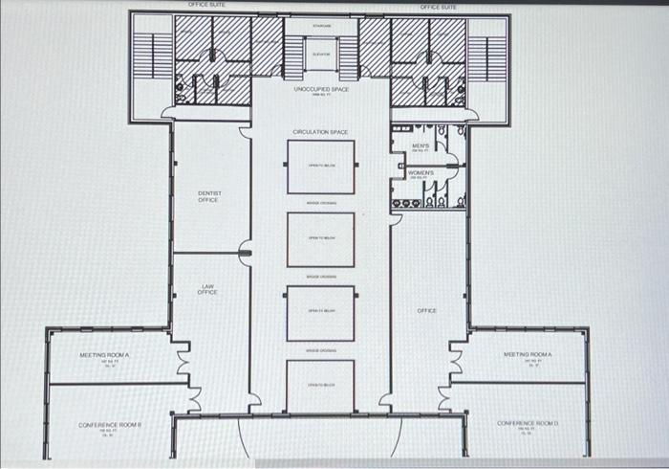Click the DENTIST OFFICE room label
point(208,196)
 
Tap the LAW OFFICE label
point(207,289)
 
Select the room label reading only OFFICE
point(427,310)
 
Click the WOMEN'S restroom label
point(421,173)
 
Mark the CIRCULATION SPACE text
point(320,132)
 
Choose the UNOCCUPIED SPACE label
point(320,89)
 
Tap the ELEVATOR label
point(321,55)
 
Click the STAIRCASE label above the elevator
point(321,26)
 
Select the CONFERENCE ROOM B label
point(110,424)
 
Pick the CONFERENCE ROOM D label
point(528,422)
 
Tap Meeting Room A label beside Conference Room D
point(528,354)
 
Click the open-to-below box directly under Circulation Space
point(320,167)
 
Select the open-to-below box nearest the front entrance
point(320,384)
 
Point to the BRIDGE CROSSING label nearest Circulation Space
point(320,203)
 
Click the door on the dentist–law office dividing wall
point(246,254)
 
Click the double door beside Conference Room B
point(195,393)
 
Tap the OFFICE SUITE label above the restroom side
point(438,7)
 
